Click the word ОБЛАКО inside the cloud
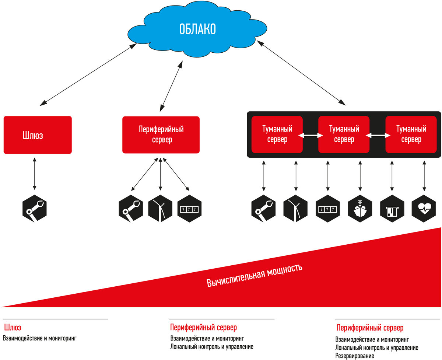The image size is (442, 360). (197, 29)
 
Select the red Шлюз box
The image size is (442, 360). (38, 135)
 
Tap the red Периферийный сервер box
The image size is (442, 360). (161, 135)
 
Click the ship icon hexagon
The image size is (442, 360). (360, 209)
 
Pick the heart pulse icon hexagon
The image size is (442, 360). (423, 209)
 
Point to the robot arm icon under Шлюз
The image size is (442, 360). (35, 209)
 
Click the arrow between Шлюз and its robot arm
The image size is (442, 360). (35, 174)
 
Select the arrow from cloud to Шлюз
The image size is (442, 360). (88, 74)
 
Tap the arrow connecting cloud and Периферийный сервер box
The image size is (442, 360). (171, 86)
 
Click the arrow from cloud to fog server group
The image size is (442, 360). (301, 73)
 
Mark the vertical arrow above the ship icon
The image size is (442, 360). (360, 176)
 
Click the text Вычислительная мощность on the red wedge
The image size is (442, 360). (255, 276)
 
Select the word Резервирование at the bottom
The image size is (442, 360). (355, 356)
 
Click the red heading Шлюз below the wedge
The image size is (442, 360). (13, 328)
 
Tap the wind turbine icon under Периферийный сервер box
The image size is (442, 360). (160, 209)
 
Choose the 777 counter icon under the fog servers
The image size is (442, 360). (327, 209)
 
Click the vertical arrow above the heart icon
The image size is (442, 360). (424, 176)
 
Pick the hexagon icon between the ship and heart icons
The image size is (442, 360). (392, 209)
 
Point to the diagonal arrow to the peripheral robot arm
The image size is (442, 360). (144, 174)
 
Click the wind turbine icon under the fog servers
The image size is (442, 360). (295, 209)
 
